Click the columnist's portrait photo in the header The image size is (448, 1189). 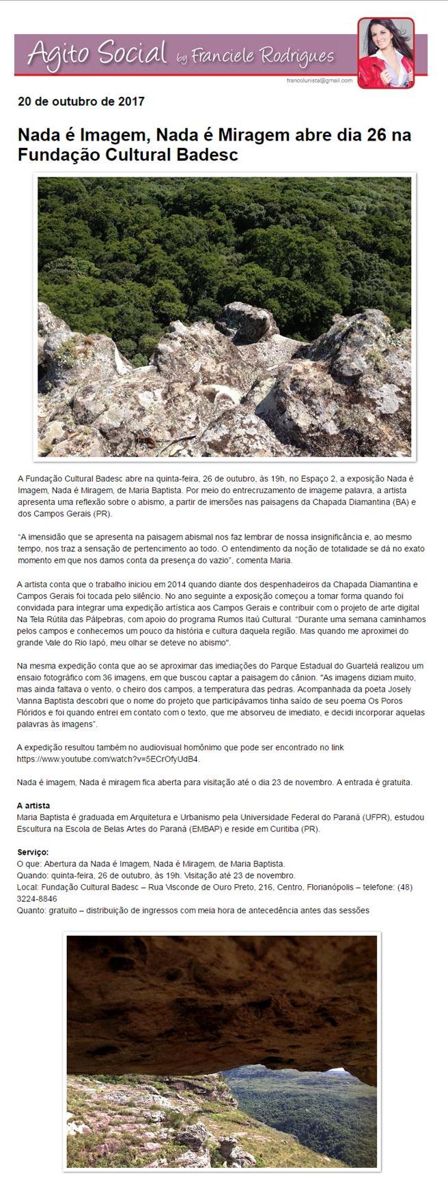(385, 53)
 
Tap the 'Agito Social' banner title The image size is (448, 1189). (97, 53)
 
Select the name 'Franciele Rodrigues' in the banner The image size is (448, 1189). (263, 57)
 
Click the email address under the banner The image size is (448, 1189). (320, 80)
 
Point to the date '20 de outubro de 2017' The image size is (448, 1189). (81, 102)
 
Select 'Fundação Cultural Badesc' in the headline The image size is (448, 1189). (128, 155)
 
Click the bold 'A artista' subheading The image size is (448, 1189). (33, 805)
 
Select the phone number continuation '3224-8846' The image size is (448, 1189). (37, 899)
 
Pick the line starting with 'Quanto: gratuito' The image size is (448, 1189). (193, 910)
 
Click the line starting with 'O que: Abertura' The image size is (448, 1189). (150, 864)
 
